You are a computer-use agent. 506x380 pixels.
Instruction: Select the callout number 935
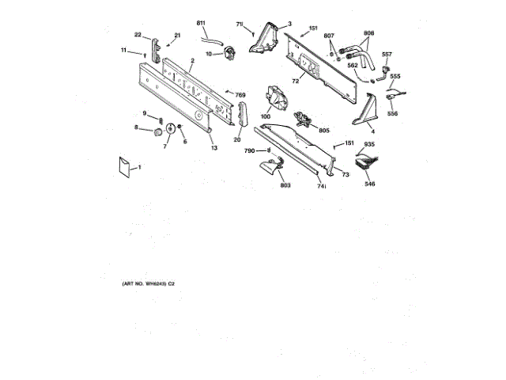[x=368, y=144]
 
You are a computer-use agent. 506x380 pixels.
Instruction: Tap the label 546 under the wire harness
[x=370, y=184]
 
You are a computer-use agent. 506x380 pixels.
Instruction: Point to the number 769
[x=241, y=95]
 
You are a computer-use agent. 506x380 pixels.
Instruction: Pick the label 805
[x=323, y=130]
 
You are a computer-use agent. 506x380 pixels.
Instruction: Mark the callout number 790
[x=248, y=150]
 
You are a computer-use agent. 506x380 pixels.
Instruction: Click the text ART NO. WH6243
[x=145, y=283]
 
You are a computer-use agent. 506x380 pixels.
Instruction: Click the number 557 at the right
[x=387, y=55]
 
